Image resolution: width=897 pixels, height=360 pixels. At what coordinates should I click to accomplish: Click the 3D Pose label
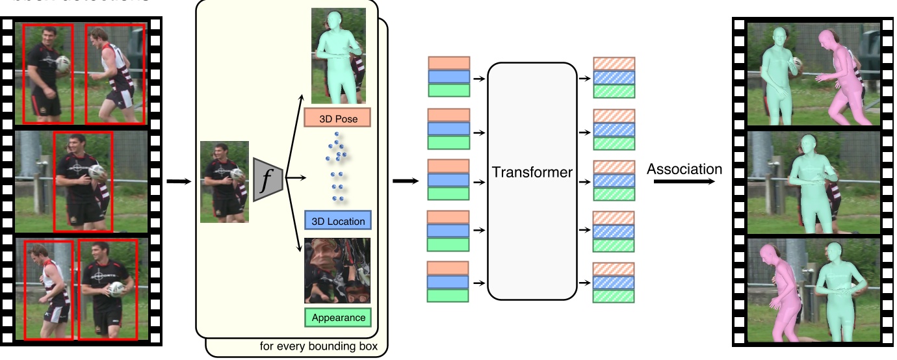click(x=337, y=118)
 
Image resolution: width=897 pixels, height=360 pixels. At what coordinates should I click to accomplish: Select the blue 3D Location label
click(x=337, y=221)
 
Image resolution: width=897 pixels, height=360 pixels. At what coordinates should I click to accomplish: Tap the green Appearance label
click(x=337, y=318)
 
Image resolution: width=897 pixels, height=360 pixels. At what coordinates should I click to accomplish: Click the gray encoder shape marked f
click(x=266, y=179)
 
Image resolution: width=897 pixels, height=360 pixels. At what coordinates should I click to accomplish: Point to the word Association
click(x=684, y=170)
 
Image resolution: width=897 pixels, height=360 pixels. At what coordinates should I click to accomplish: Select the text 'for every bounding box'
click(x=323, y=346)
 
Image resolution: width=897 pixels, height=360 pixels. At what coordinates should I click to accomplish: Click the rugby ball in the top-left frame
click(x=62, y=63)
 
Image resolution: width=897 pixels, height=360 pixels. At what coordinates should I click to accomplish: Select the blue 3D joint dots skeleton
click(x=337, y=166)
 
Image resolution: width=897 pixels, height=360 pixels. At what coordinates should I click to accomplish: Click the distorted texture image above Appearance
click(x=337, y=270)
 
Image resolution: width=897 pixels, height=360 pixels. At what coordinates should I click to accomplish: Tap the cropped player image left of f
click(x=224, y=182)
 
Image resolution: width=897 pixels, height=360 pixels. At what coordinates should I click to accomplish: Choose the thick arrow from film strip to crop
click(x=175, y=181)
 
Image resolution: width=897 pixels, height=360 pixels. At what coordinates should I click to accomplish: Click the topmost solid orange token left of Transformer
click(x=448, y=63)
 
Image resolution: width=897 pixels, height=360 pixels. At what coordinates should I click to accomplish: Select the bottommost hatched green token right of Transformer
click(x=614, y=296)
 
